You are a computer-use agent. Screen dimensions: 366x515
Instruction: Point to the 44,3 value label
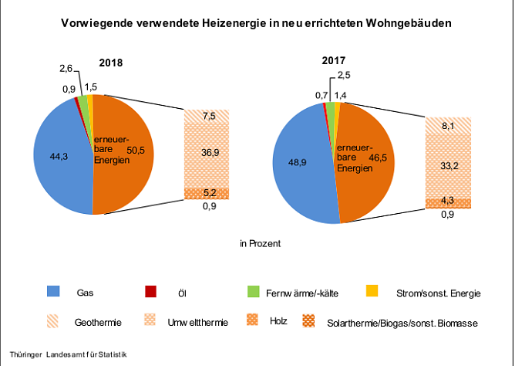click(59, 157)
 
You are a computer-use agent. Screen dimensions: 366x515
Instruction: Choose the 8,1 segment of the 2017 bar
click(449, 125)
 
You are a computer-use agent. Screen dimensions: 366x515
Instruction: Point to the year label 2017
click(334, 59)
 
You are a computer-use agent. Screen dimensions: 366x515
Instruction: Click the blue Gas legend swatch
click(54, 292)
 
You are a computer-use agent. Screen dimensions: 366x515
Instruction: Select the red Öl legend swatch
click(151, 292)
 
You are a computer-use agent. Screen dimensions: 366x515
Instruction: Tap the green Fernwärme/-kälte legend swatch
click(252, 292)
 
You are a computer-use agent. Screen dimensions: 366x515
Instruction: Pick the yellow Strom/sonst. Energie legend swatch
click(372, 292)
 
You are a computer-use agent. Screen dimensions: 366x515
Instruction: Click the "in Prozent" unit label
click(259, 243)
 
